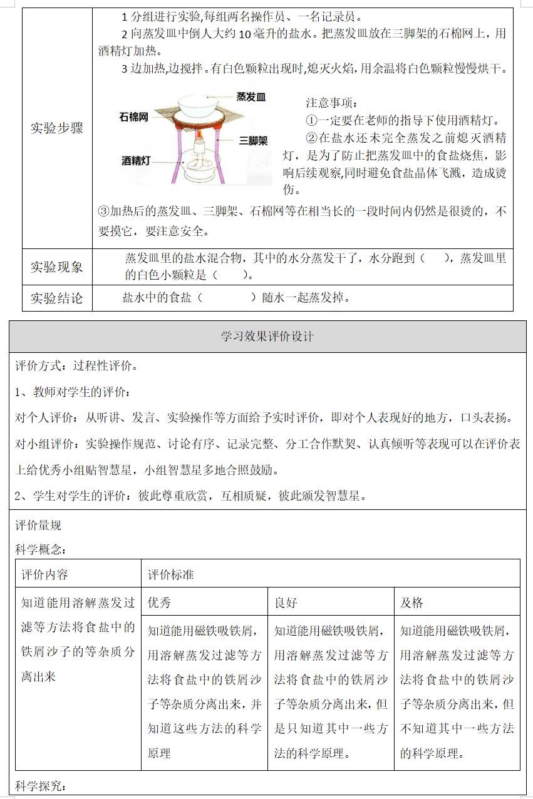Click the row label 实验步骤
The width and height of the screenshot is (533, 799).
[x=57, y=128]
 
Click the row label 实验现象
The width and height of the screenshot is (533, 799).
[x=57, y=267]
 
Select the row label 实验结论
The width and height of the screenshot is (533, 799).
[x=57, y=298]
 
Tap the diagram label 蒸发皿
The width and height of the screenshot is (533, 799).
[x=251, y=97]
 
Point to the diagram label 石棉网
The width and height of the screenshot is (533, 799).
[x=134, y=117]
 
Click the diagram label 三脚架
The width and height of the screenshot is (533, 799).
[x=253, y=141]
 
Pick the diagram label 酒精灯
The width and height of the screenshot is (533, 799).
[x=136, y=161]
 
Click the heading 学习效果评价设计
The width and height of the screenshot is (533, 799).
[x=267, y=337]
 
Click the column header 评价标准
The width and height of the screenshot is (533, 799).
[x=171, y=574]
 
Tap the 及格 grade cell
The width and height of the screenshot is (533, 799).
[x=412, y=603]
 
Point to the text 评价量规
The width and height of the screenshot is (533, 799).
[x=38, y=526]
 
